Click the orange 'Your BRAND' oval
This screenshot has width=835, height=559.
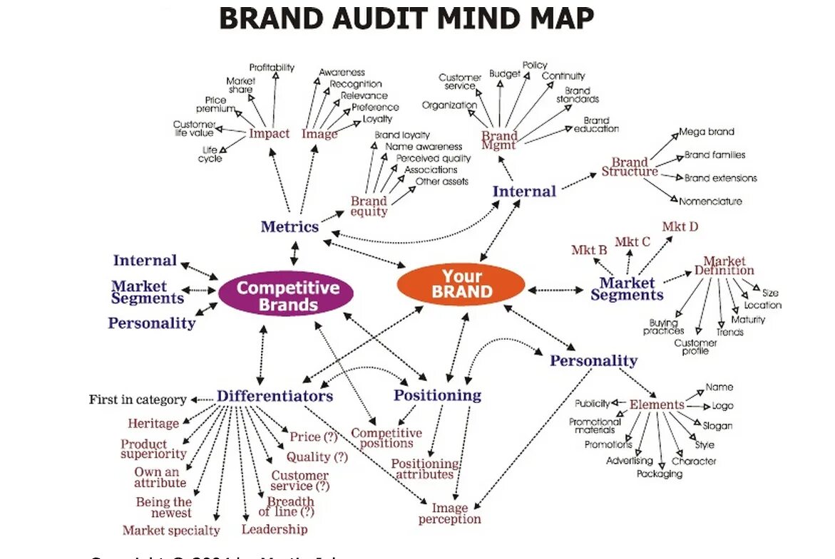(x=461, y=283)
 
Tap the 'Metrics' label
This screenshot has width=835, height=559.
(x=290, y=227)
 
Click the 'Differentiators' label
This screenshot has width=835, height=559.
(x=275, y=396)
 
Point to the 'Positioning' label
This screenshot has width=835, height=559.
(x=437, y=395)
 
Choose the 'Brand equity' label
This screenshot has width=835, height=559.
(x=369, y=207)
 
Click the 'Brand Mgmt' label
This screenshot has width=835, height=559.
(x=498, y=140)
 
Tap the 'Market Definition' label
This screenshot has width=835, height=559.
(x=724, y=266)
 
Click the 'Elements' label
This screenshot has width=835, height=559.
(x=656, y=404)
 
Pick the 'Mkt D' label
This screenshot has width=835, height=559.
(x=680, y=227)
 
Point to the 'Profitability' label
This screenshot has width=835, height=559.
(x=272, y=68)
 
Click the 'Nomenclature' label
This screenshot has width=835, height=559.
(x=710, y=202)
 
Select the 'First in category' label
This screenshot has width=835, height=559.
(x=138, y=399)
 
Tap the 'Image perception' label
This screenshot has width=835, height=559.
(x=450, y=513)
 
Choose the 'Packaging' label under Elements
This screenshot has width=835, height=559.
(x=659, y=474)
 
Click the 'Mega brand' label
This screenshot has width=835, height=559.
(x=706, y=132)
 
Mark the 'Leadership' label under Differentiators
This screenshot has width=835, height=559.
(x=275, y=529)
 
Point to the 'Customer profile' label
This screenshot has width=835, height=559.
(x=695, y=347)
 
